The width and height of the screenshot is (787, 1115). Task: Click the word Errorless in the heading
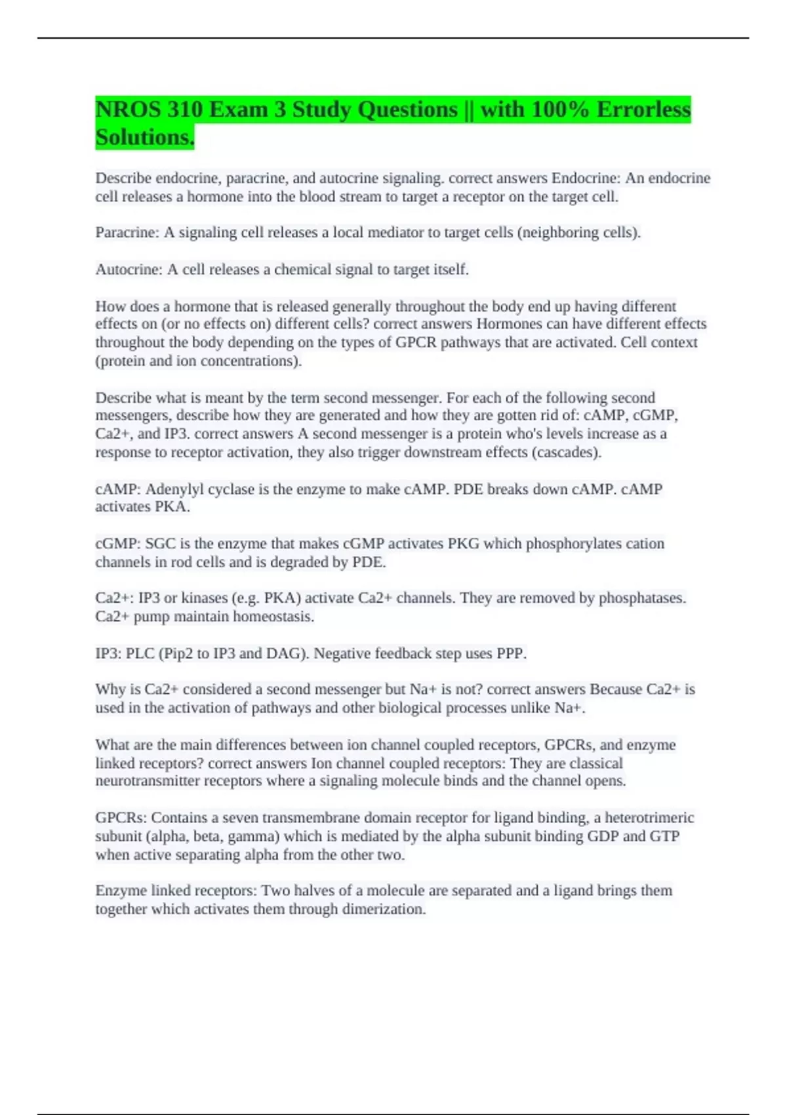tap(643, 109)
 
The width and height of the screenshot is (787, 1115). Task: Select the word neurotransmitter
tap(148, 781)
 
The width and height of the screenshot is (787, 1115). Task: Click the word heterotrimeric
tap(649, 818)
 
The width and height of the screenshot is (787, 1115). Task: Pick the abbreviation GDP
tap(603, 836)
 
